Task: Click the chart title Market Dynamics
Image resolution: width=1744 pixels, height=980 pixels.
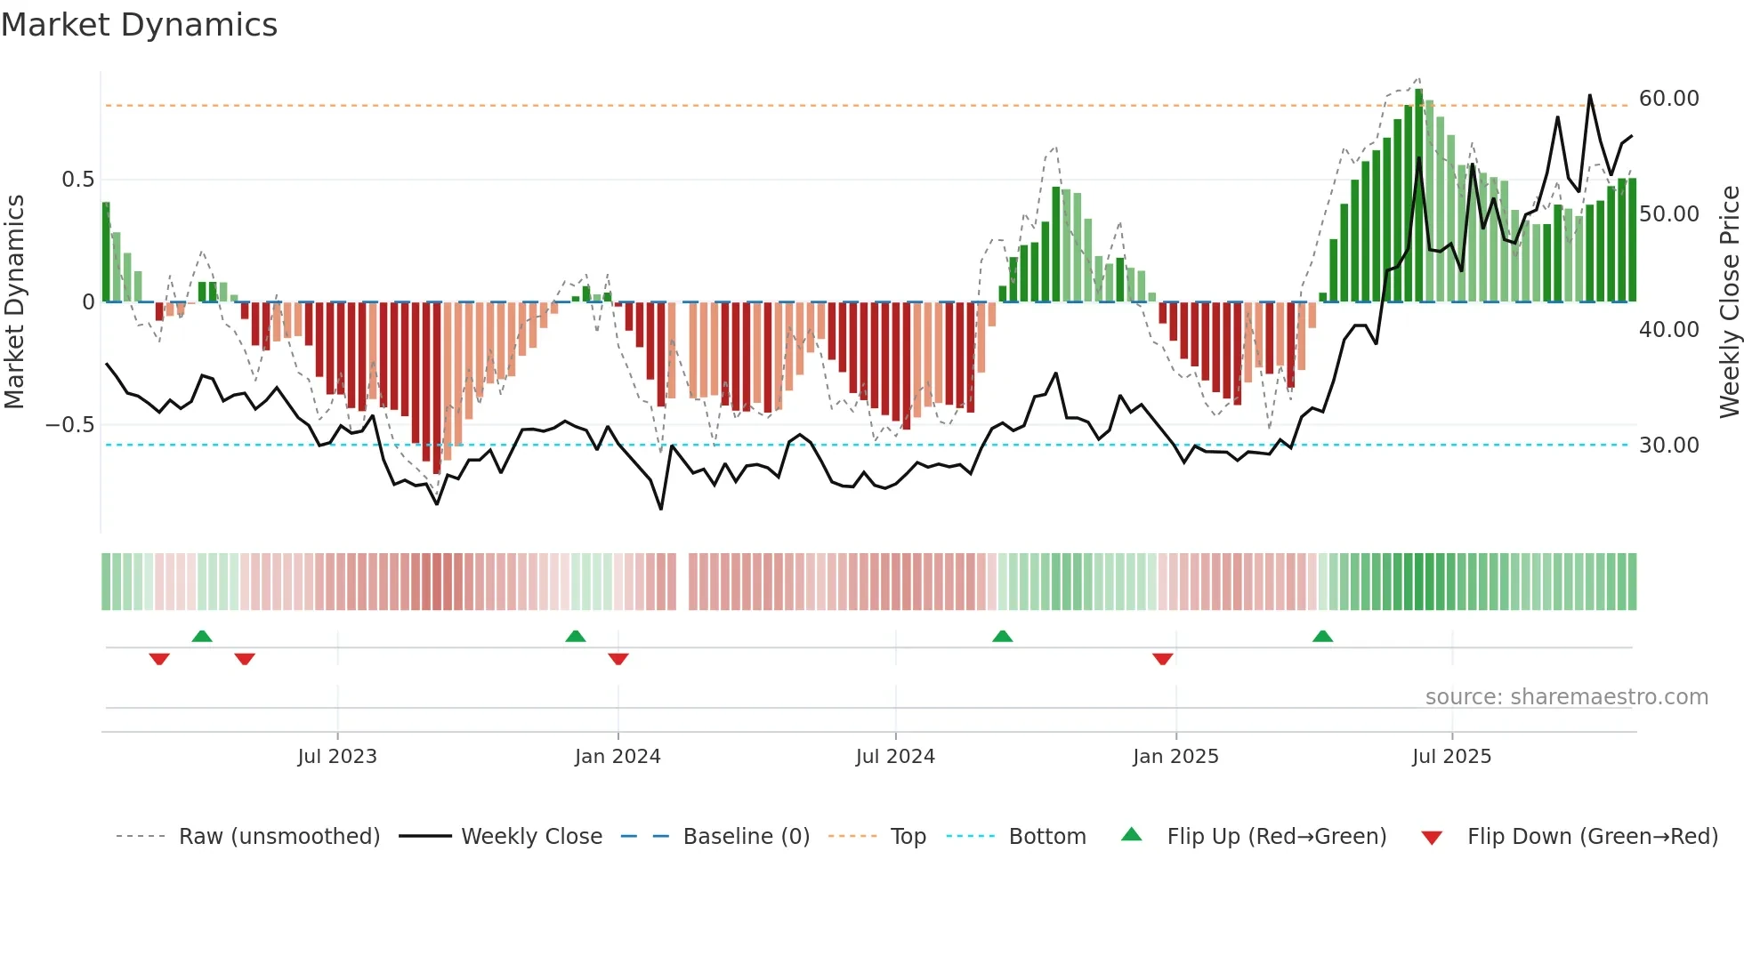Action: (139, 25)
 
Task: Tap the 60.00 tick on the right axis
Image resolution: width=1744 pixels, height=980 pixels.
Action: (1668, 99)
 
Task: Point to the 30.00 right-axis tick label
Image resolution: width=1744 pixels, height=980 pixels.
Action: (1668, 446)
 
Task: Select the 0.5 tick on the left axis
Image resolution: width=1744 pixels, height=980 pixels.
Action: (77, 180)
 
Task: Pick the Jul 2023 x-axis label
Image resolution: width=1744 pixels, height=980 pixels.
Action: (337, 757)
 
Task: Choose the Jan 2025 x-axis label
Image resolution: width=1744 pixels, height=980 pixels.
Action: (1175, 757)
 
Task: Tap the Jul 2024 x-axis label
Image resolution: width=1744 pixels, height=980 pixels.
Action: (895, 757)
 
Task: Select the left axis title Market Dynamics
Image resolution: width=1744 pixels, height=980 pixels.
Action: (14, 302)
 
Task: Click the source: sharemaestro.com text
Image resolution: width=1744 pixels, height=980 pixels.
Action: (1566, 697)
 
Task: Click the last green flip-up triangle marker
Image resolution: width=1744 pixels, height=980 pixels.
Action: (1322, 636)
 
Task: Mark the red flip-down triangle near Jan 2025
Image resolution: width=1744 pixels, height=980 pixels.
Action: (1162, 659)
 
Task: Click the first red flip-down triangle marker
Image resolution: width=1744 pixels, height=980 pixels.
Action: (159, 659)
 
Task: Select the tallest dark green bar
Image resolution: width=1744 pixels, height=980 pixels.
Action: (1419, 196)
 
